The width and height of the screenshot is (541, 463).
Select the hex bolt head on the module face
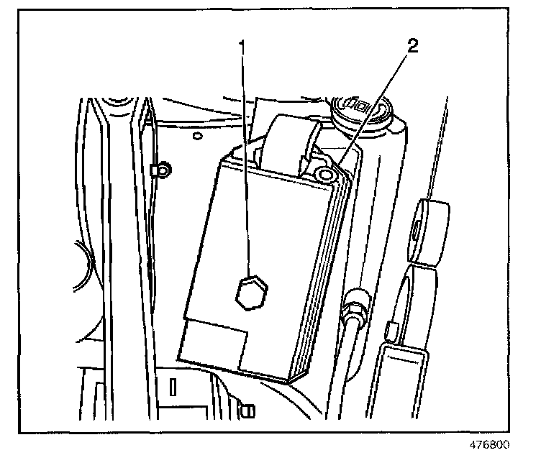(x=252, y=292)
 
